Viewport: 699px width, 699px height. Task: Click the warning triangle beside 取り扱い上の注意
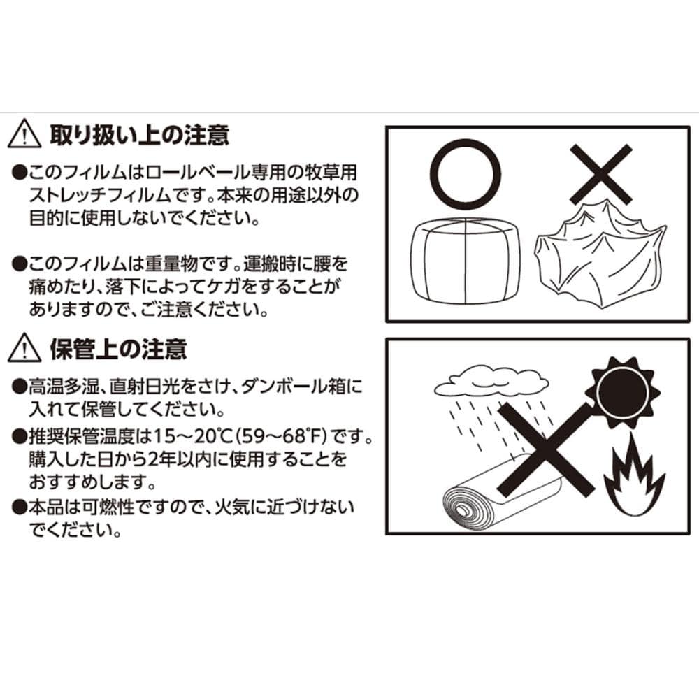pyautogui.click(x=24, y=134)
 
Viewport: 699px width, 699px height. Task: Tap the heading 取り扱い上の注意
pyautogui.click(x=140, y=135)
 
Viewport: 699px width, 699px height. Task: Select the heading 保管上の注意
pyautogui.click(x=118, y=349)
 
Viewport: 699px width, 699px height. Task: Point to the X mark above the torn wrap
pyautogui.click(x=601, y=174)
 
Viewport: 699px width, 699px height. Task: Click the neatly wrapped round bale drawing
pyautogui.click(x=466, y=261)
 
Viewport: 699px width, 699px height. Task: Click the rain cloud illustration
pyautogui.click(x=491, y=382)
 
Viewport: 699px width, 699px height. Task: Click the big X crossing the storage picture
pyautogui.click(x=546, y=449)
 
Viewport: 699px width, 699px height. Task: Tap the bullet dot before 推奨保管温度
pyautogui.click(x=19, y=436)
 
